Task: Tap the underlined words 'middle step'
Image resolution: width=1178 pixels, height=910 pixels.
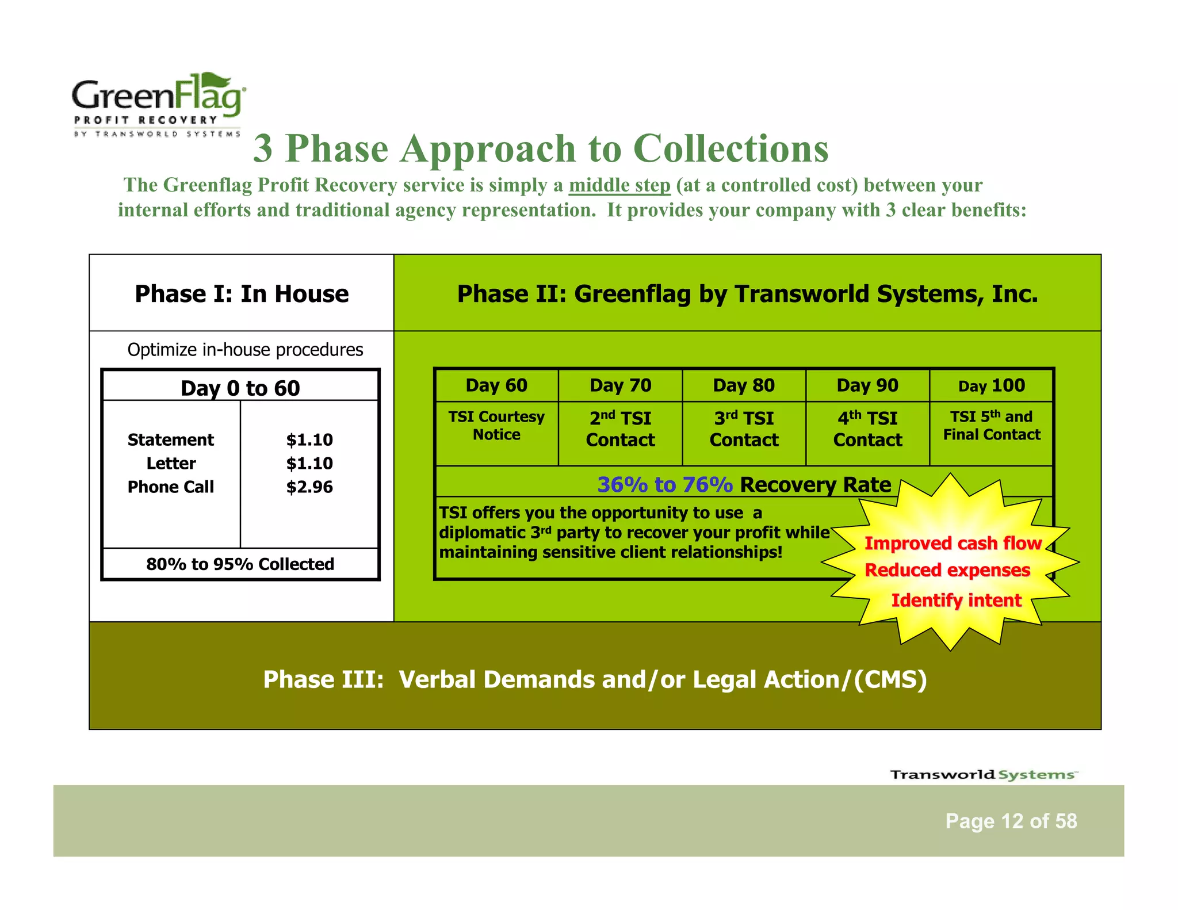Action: tap(619, 185)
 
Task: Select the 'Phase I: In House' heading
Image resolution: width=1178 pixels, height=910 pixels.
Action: tap(242, 293)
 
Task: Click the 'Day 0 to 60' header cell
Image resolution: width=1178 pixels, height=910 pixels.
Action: tap(240, 388)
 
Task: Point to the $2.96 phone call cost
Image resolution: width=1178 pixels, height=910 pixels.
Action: tap(309, 487)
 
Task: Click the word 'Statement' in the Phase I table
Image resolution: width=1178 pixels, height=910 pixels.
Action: tap(170, 439)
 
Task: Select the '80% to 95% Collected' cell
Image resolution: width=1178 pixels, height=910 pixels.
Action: tap(240, 564)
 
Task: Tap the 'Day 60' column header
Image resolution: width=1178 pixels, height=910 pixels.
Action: tap(496, 385)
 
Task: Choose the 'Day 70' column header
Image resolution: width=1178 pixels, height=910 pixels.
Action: tap(620, 385)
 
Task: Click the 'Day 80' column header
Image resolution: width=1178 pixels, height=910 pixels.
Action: tap(744, 385)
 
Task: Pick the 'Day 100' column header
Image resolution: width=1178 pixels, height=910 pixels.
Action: tap(992, 385)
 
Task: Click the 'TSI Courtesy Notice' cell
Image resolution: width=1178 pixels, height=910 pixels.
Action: tap(496, 426)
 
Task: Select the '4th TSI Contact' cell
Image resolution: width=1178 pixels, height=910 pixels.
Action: tap(867, 429)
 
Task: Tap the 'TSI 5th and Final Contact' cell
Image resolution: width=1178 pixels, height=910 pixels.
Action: tap(992, 426)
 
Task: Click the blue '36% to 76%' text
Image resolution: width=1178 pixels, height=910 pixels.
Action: tap(665, 484)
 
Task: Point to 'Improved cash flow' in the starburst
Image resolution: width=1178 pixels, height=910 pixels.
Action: tap(953, 543)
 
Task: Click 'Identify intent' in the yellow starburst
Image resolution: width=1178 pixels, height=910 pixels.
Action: tap(956, 600)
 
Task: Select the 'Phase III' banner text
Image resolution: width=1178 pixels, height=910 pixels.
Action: tap(595, 679)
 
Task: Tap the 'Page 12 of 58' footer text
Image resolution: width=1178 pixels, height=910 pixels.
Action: tap(1011, 821)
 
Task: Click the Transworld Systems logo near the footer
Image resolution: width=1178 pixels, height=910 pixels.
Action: tap(984, 774)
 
